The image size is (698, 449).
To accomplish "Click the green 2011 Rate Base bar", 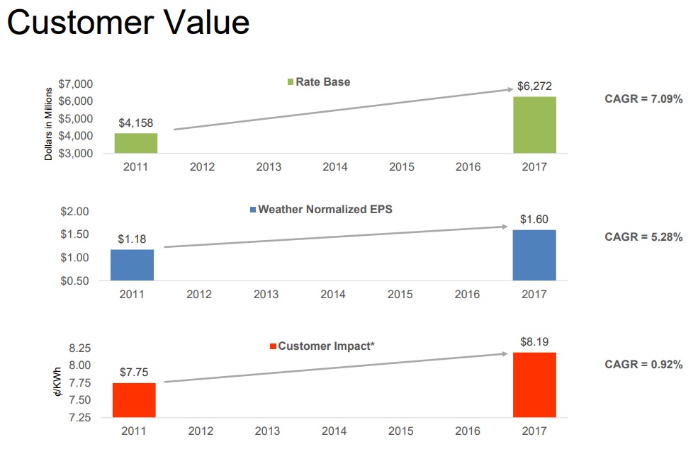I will [136, 143].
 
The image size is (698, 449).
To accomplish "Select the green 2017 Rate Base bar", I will [535, 125].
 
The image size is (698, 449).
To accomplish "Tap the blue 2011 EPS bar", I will [132, 265].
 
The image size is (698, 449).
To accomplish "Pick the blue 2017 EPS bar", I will [534, 255].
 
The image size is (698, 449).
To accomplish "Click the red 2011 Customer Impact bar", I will [133, 400].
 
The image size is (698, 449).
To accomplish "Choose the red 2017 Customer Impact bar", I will [535, 385].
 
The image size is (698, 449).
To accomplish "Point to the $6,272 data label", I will [534, 86].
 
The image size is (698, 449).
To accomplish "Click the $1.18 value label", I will [132, 239].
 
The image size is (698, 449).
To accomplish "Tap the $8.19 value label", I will [534, 342].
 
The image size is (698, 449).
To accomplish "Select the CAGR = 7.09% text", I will [643, 99].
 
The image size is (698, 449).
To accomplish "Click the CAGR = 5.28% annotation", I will [643, 237].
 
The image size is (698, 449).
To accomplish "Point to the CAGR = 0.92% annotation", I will [643, 365].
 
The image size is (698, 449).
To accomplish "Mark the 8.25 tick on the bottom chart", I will [79, 348].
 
